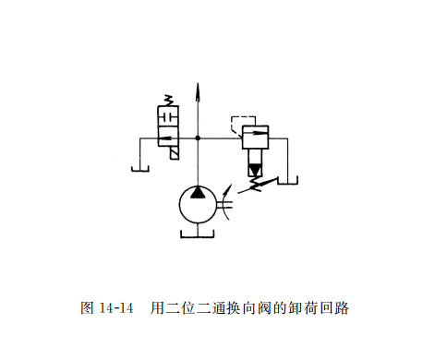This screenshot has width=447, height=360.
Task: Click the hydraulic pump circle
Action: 198,204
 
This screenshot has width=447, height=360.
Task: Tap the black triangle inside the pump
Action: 198,192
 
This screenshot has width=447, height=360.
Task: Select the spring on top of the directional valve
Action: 168,98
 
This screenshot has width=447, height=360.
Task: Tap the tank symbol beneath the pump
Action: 198,235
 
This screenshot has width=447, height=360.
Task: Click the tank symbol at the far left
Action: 139,168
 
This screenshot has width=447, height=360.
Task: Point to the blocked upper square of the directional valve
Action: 168,118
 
